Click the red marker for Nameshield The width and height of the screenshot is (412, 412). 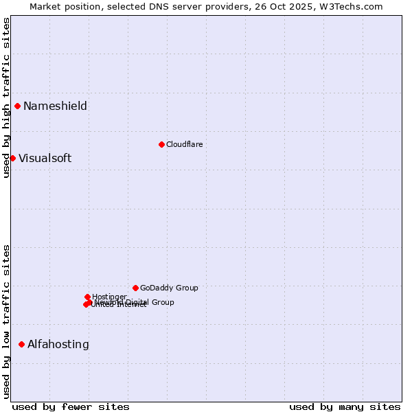pos(17,106)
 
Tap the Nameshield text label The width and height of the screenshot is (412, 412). pos(55,106)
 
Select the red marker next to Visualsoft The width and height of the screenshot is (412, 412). pos(12,158)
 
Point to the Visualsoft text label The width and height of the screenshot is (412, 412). pos(45,158)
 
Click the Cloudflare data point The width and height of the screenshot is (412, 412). pos(161,144)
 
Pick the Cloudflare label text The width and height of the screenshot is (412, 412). pos(184,144)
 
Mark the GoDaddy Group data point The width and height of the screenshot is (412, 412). pos(135,288)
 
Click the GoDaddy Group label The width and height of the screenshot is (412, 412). pos(169,288)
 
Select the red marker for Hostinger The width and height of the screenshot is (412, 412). pos(87,297)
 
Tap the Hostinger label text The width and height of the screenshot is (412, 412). pos(109,297)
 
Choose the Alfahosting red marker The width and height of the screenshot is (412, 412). pos(21,344)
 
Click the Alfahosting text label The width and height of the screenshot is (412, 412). pos(58,344)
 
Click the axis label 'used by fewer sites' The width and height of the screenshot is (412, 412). pos(71,407)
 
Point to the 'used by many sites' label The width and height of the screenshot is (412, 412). pos(345,407)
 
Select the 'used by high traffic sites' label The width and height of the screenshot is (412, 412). pos(6,97)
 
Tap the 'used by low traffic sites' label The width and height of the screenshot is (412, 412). pos(6,321)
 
